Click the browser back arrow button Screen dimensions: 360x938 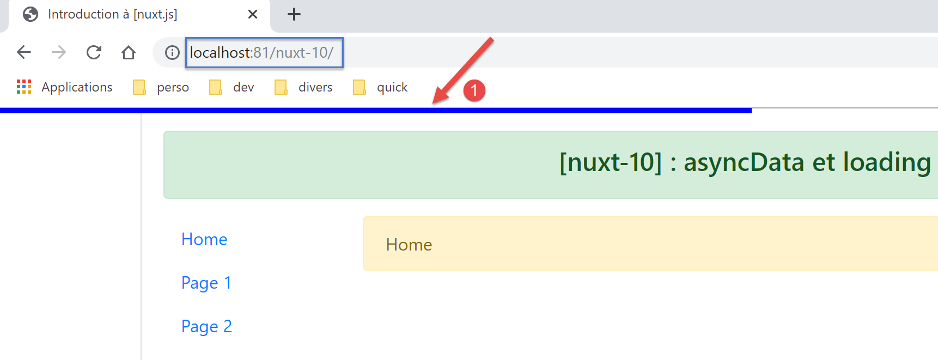click(24, 52)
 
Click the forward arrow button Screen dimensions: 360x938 click(59, 52)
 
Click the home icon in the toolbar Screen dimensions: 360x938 click(129, 52)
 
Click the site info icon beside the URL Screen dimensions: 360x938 click(172, 52)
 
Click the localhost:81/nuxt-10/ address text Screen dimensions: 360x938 click(261, 52)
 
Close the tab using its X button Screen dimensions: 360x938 click(253, 14)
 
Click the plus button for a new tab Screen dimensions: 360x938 click(294, 14)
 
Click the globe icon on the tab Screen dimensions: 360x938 click(31, 14)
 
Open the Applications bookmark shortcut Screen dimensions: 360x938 click(64, 87)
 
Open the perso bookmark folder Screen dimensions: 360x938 click(161, 87)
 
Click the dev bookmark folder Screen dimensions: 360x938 click(232, 87)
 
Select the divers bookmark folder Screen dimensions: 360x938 click(304, 87)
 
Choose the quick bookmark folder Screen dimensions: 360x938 click(381, 87)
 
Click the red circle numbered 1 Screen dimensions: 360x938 click(474, 90)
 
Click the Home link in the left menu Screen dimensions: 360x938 click(204, 239)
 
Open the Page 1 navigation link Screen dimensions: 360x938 click(206, 283)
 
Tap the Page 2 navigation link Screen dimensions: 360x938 click(206, 326)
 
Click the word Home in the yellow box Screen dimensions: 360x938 click(409, 245)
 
